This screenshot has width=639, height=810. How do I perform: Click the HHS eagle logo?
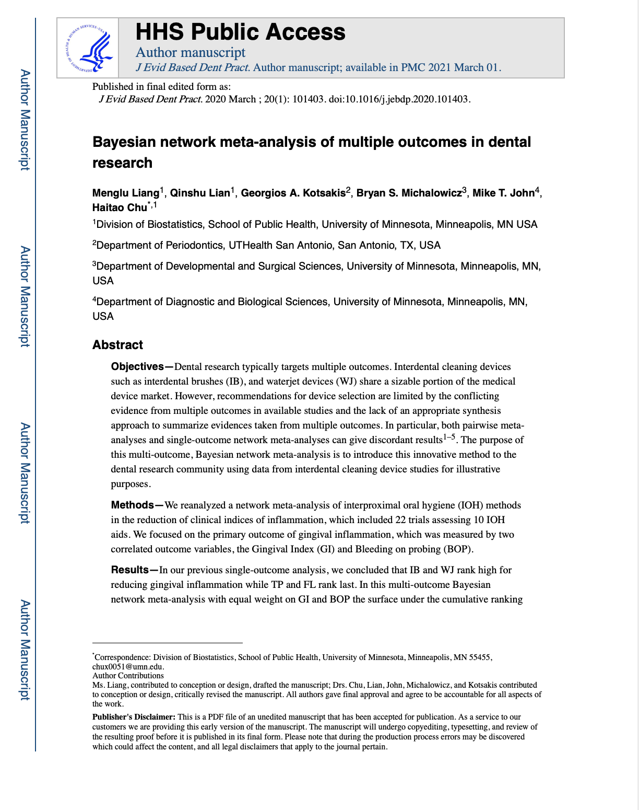click(x=88, y=48)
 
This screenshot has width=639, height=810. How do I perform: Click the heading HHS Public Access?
click(x=240, y=32)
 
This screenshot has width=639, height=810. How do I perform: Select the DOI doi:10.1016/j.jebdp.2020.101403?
click(x=399, y=99)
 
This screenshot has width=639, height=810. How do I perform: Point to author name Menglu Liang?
click(x=126, y=193)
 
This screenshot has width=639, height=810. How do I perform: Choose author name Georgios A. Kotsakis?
click(x=293, y=193)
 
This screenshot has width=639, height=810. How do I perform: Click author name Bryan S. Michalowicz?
click(x=409, y=193)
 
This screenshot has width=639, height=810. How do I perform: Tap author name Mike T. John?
click(x=503, y=193)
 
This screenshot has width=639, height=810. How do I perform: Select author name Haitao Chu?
click(x=120, y=207)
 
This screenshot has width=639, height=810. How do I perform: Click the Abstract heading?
click(x=117, y=345)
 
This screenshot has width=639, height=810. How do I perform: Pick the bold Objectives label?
click(x=137, y=367)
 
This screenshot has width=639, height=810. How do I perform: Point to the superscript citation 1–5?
click(x=449, y=437)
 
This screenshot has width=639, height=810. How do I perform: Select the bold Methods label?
click(x=133, y=505)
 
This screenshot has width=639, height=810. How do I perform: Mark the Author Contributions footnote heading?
click(x=128, y=676)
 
